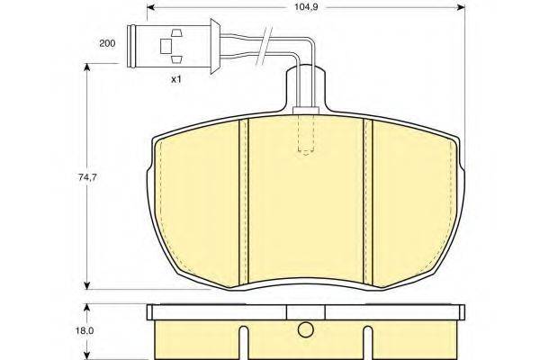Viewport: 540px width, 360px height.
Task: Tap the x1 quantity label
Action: pyautogui.click(x=176, y=80)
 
